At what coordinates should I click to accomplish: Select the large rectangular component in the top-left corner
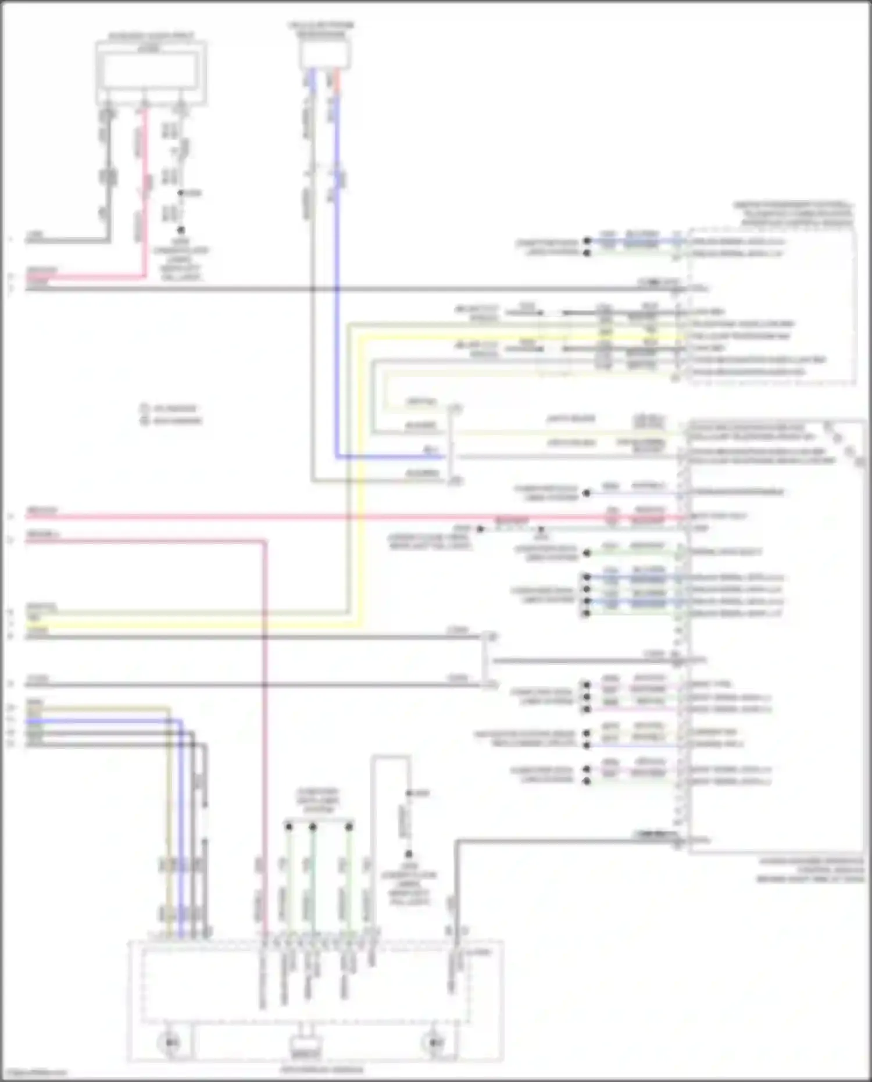pyautogui.click(x=151, y=73)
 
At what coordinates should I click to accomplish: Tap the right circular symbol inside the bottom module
pyautogui.click(x=434, y=1042)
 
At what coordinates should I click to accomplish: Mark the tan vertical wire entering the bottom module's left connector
pyautogui.click(x=169, y=814)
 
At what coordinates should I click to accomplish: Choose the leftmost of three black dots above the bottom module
pyautogui.click(x=288, y=826)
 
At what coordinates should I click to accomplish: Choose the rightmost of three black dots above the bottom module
pyautogui.click(x=349, y=826)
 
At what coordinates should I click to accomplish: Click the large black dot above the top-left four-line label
pyautogui.click(x=181, y=230)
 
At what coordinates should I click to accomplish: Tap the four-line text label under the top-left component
pyautogui.click(x=181, y=260)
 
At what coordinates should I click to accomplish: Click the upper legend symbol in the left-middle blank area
pyautogui.click(x=144, y=408)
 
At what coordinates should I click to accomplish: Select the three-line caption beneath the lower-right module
pyautogui.click(x=810, y=870)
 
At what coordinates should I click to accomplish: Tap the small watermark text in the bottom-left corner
pyautogui.click(x=34, y=1073)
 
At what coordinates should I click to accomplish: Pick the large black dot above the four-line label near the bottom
pyautogui.click(x=409, y=855)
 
